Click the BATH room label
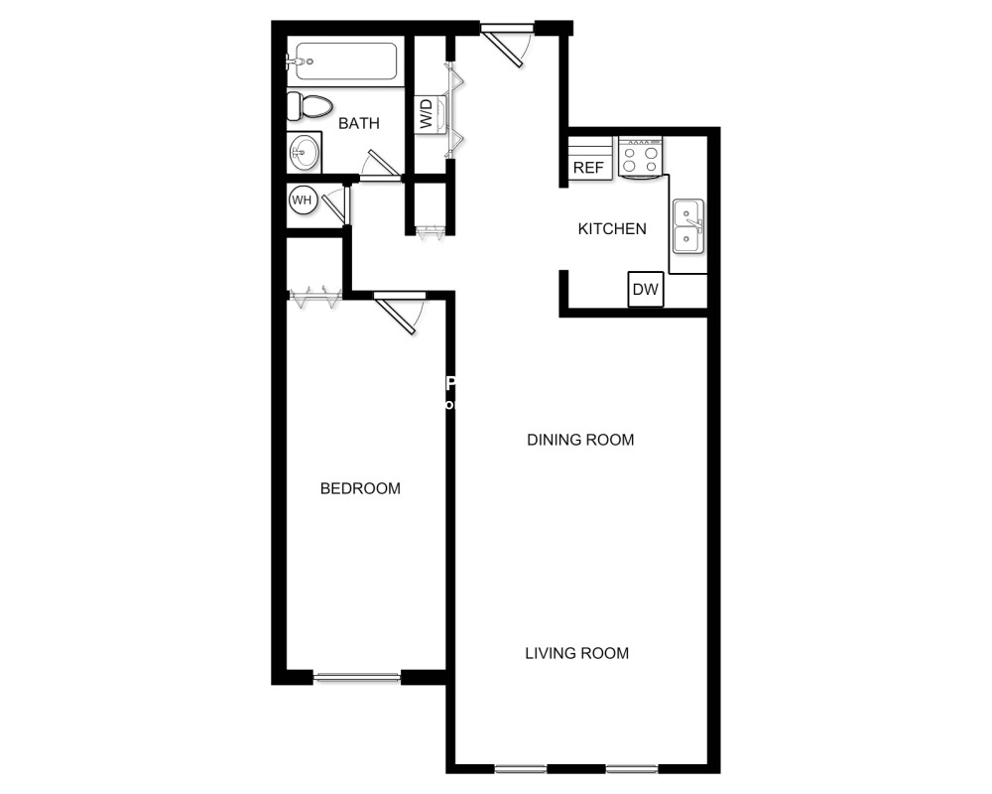pyautogui.click(x=358, y=124)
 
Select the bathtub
pyautogui.click(x=342, y=62)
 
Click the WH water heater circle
pyautogui.click(x=302, y=200)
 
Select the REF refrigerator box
pyautogui.click(x=588, y=167)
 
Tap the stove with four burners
pyautogui.click(x=640, y=158)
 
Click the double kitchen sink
pyautogui.click(x=687, y=226)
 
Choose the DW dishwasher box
pyautogui.click(x=646, y=290)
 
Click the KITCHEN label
pyautogui.click(x=612, y=229)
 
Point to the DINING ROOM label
pyautogui.click(x=580, y=440)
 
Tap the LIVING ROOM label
pyautogui.click(x=576, y=653)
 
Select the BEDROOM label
pyautogui.click(x=360, y=488)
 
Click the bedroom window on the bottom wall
pyautogui.click(x=357, y=678)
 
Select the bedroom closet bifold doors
pyautogui.click(x=315, y=294)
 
